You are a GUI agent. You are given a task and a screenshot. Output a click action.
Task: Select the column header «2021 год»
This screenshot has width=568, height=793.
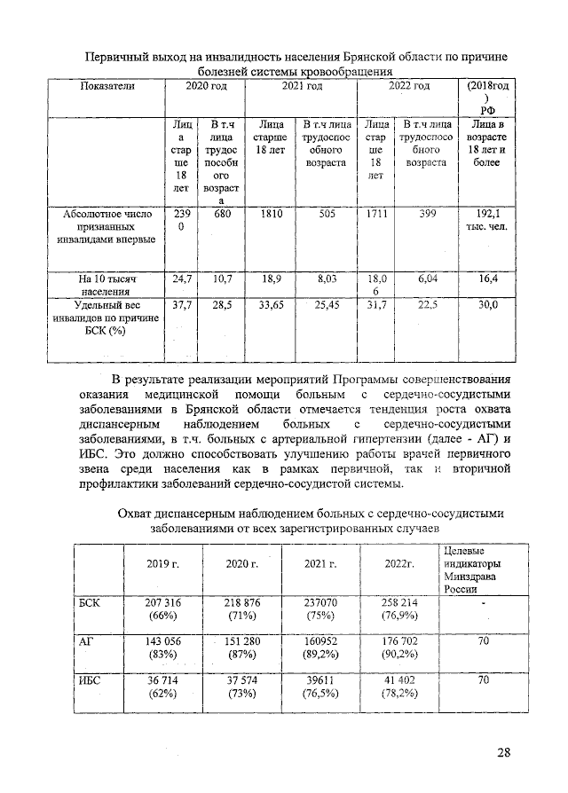302,86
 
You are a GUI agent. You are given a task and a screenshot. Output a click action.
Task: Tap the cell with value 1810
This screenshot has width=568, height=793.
269,214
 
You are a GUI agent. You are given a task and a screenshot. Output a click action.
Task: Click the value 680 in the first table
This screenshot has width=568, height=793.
216,214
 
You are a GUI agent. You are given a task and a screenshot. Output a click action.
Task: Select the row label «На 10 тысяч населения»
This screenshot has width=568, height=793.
105,284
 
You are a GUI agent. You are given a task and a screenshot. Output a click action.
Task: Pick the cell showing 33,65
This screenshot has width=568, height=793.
269,305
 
